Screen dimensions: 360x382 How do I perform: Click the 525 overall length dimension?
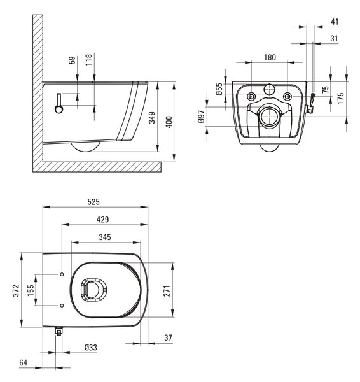[x=93, y=202]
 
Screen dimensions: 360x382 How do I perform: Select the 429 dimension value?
[x=102, y=220]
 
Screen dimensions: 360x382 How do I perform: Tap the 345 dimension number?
[x=105, y=237]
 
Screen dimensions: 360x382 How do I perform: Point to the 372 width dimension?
[x=16, y=292]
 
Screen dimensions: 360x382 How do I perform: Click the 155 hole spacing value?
[x=31, y=290]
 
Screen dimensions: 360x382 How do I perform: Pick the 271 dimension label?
[x=167, y=291]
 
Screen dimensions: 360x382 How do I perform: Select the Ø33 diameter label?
[x=91, y=348]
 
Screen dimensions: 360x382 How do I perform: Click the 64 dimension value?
[x=24, y=363]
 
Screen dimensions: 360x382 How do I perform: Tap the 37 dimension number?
[x=168, y=338]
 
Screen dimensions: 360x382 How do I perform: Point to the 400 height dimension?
[x=169, y=122]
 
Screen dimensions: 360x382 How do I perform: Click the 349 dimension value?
[x=152, y=118]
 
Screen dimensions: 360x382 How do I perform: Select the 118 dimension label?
[x=88, y=60]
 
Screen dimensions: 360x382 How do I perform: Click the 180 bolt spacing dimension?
[x=270, y=58]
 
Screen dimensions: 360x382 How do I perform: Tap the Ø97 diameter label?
[x=201, y=117]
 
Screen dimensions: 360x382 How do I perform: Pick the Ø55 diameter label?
[x=219, y=89]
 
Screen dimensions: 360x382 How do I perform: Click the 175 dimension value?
[x=341, y=98]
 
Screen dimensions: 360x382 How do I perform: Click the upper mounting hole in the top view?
[x=62, y=274]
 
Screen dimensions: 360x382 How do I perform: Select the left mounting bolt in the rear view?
[x=251, y=97]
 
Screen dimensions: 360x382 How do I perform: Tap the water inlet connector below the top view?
[x=59, y=331]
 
